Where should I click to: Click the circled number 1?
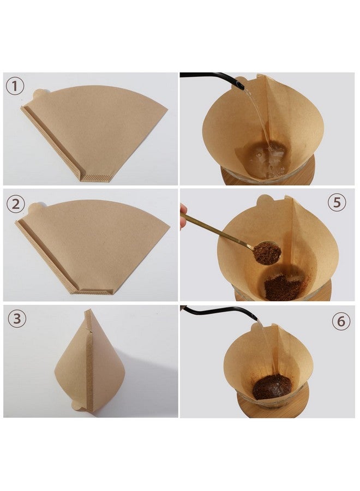tap(15, 86)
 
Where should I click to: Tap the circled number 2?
tap(16, 204)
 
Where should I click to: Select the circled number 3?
tap(16, 319)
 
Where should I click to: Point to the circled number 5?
tap(337, 202)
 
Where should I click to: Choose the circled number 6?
tap(341, 321)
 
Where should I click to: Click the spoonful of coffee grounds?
tap(267, 253)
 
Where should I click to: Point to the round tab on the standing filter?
tap(77, 405)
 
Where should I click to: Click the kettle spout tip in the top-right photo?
tap(241, 86)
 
